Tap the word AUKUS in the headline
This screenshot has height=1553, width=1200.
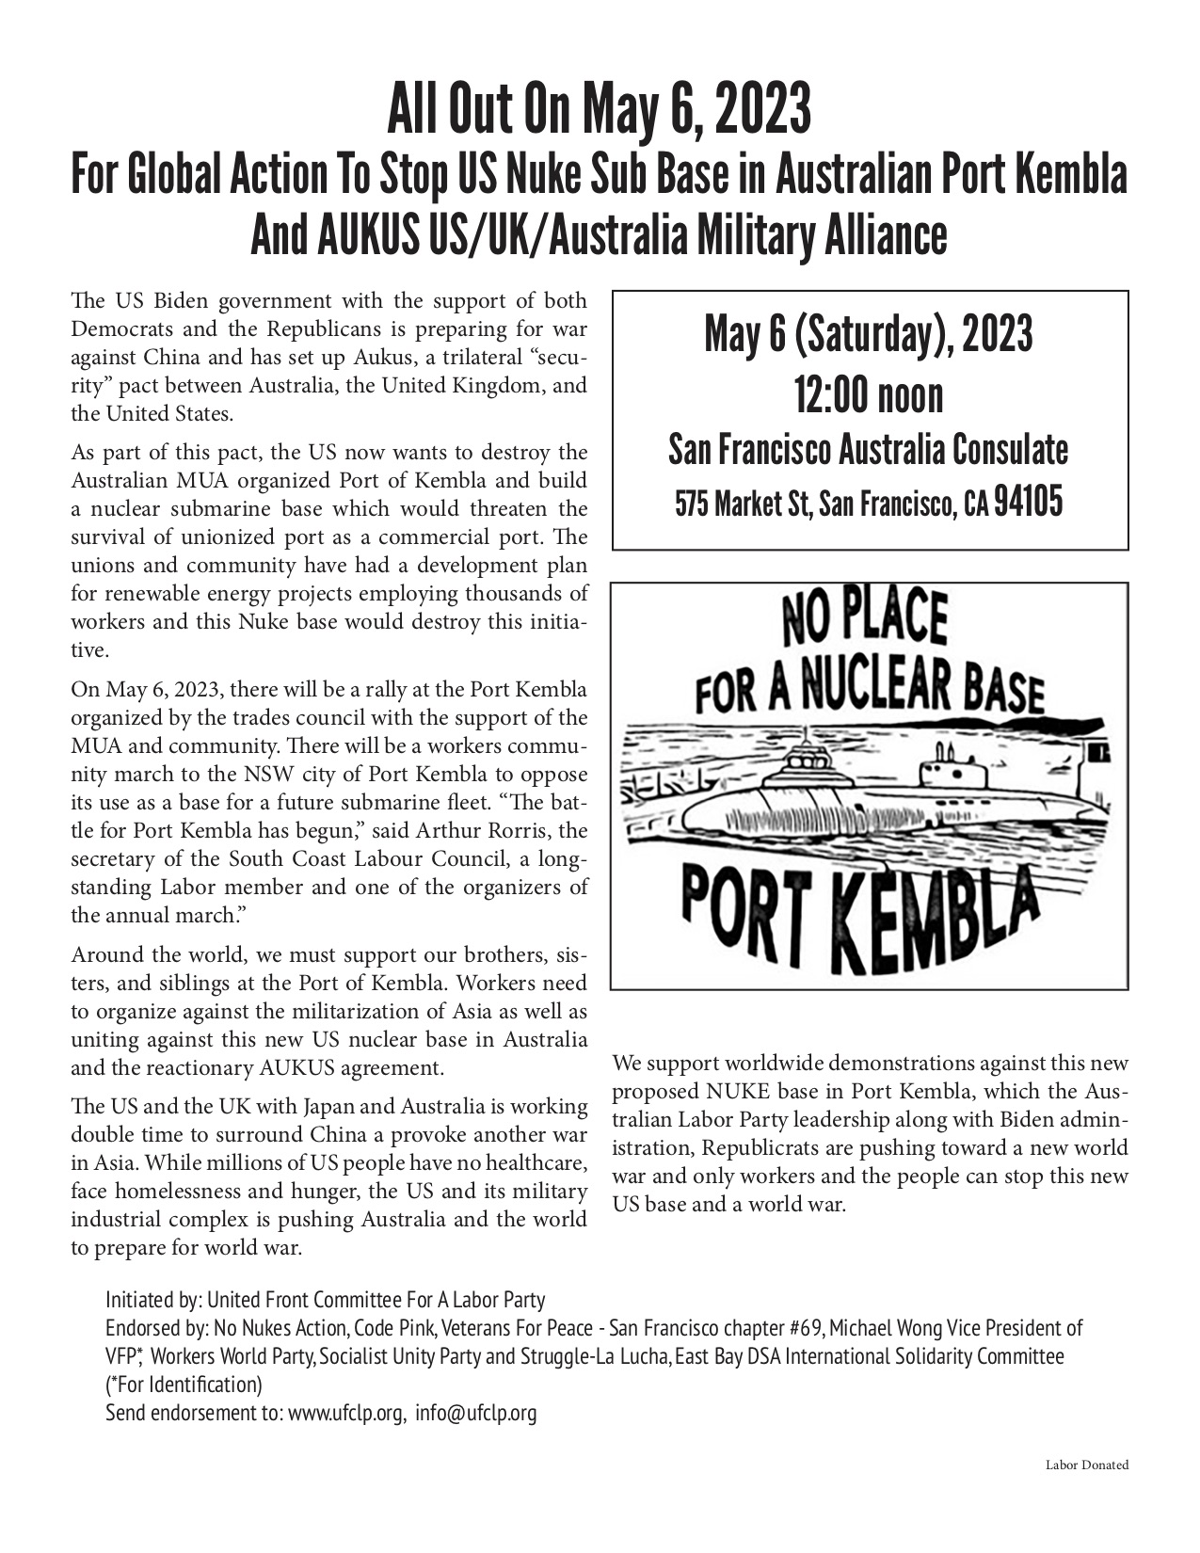(x=334, y=235)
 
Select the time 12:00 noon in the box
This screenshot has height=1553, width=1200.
(x=869, y=395)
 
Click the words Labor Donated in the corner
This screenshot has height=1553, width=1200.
(x=1086, y=1465)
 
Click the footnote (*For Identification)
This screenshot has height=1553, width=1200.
(x=184, y=1385)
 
